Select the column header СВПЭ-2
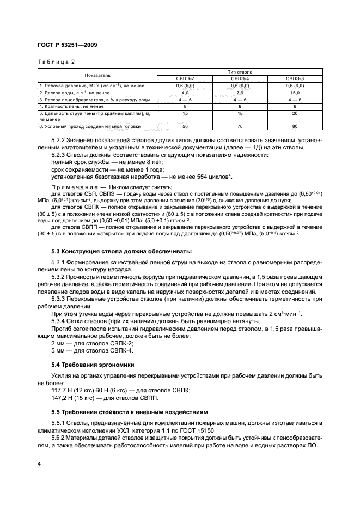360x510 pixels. [186, 78]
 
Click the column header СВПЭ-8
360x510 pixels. [295, 78]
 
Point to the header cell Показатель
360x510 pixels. [97, 75]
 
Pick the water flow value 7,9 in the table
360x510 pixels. [240, 93]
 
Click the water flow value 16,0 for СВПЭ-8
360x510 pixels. [295, 93]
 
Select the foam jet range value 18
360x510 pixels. [240, 113]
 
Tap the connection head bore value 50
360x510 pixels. [186, 126]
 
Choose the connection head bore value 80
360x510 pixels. [295, 126]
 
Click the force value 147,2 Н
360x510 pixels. [64, 398]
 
